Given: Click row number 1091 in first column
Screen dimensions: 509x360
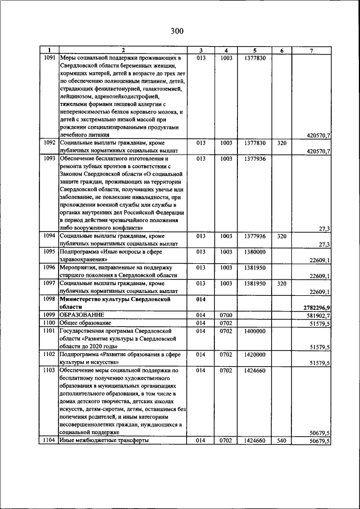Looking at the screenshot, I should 49,57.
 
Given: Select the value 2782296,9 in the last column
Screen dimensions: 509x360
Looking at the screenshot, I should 316,307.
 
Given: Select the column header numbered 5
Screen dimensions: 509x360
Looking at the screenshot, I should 254,51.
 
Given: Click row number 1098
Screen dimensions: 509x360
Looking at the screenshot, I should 49,300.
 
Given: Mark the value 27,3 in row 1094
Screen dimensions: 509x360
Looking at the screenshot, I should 323,245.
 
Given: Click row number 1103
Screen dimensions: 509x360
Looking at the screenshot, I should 49,371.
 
